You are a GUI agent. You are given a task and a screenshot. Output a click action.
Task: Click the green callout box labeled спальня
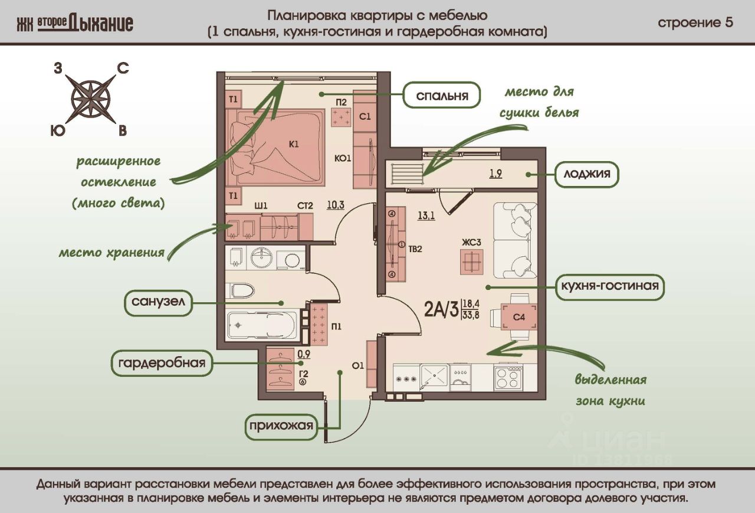tap(442, 96)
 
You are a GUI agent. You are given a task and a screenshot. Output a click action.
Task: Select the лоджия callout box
tap(586, 175)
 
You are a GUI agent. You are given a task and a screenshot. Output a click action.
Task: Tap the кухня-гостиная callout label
tap(610, 287)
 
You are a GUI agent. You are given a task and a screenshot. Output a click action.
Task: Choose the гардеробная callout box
tap(161, 362)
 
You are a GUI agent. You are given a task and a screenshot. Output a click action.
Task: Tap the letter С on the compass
tap(123, 68)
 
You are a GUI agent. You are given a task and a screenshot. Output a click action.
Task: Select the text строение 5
tap(695, 23)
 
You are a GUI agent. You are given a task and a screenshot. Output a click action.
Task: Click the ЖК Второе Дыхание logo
tap(75, 23)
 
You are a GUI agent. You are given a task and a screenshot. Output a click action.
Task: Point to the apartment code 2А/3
tap(441, 309)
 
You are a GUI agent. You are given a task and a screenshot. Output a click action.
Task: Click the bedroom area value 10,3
tap(336, 205)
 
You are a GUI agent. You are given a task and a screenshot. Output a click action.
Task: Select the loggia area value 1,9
tap(495, 174)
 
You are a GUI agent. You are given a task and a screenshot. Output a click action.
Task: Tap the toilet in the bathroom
tap(242, 290)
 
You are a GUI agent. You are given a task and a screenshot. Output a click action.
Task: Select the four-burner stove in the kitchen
tap(508, 377)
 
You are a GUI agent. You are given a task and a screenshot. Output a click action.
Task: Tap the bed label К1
tap(294, 143)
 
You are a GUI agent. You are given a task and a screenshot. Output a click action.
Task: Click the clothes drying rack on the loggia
tap(408, 174)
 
